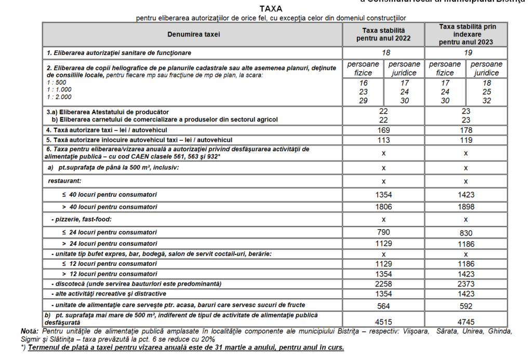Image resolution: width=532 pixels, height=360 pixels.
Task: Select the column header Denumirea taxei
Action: (193, 34)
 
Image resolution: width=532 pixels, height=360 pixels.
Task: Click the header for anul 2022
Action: (383, 34)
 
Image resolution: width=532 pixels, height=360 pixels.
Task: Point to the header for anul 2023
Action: (465, 34)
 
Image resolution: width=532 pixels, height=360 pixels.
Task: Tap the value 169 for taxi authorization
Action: (383, 130)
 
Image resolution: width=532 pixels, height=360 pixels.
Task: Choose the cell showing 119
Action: (465, 140)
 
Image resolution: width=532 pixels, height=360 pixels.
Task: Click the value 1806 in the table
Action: (383, 207)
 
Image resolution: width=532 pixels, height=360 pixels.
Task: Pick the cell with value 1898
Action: (465, 207)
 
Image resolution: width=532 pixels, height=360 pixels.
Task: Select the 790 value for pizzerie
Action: (383, 232)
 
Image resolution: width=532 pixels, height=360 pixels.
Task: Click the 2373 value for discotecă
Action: (465, 284)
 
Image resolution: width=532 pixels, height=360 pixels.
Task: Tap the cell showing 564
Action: (383, 306)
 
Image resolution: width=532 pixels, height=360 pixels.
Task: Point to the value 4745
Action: (465, 321)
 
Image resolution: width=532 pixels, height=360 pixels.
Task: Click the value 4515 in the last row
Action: (383, 321)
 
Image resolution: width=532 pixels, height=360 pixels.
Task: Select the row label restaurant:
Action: (65, 181)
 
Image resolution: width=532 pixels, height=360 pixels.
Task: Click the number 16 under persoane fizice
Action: (363, 83)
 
